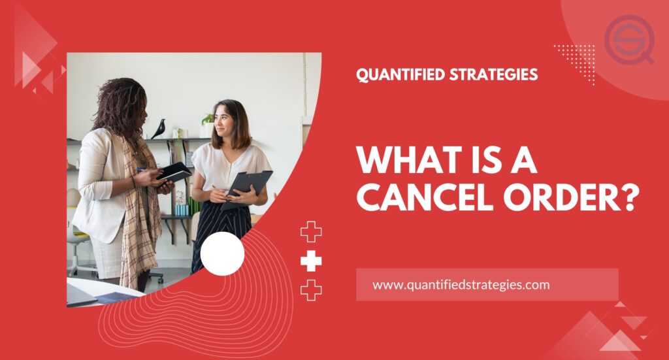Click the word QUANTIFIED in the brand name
400,74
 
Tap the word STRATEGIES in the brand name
494,74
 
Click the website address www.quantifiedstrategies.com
461,285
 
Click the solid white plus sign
311,261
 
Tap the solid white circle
222,254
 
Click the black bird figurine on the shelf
159,129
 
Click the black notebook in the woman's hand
174,172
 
